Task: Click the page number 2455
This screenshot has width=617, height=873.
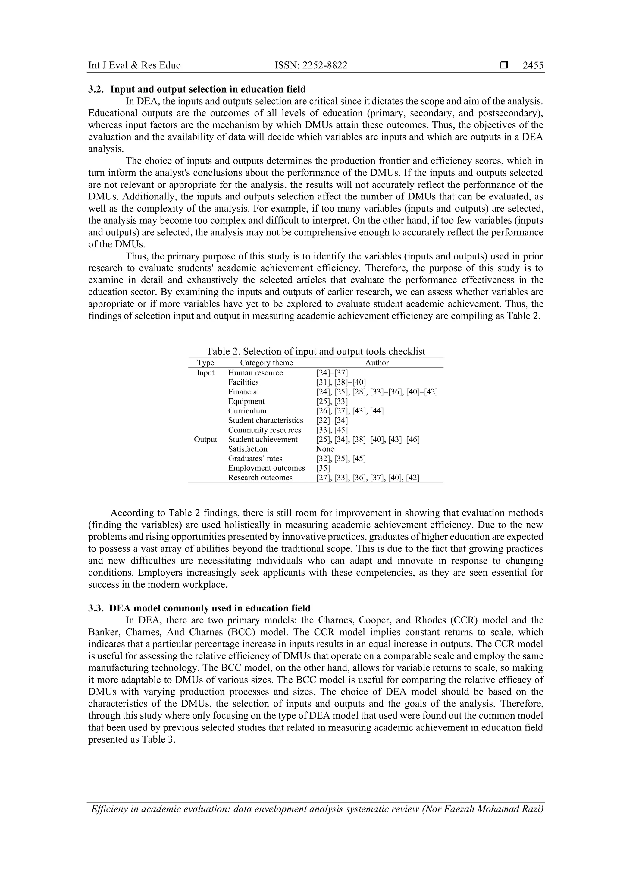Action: pos(533,65)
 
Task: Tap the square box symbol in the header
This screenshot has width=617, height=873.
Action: pos(504,65)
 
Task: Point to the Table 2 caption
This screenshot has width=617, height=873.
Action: pos(315,351)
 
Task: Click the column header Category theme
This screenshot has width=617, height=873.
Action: pos(266,363)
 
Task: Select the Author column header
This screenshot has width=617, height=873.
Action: pos(377,363)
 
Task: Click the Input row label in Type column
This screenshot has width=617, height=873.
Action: pos(205,373)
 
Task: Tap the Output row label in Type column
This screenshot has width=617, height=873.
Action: pos(205,440)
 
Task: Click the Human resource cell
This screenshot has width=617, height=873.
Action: pos(255,373)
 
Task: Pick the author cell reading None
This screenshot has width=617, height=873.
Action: pos(325,449)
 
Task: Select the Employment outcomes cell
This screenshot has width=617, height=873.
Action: pos(267,468)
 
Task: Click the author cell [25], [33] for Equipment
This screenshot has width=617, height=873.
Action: pos(332,401)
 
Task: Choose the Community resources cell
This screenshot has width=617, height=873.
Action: pos(265,430)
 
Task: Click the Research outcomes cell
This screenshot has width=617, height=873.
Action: pos(260,478)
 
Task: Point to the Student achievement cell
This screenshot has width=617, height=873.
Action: pos(263,440)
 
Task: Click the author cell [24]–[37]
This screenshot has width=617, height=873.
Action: pos(332,373)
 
